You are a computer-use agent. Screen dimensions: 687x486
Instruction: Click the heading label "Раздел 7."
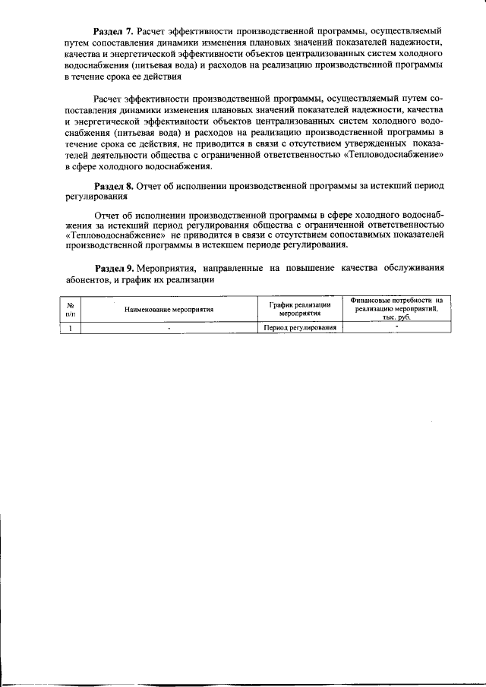pyautogui.click(x=113, y=31)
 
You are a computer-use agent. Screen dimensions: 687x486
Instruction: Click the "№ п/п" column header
pyautogui.click(x=70, y=310)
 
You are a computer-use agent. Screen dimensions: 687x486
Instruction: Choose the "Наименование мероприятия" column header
pyautogui.click(x=169, y=310)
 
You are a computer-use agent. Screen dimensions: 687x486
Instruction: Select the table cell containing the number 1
pyautogui.click(x=70, y=328)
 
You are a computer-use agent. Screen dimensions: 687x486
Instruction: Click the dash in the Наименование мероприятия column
pyautogui.click(x=169, y=328)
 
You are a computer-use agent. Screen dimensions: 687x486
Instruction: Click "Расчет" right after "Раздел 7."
pyautogui.click(x=154, y=31)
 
